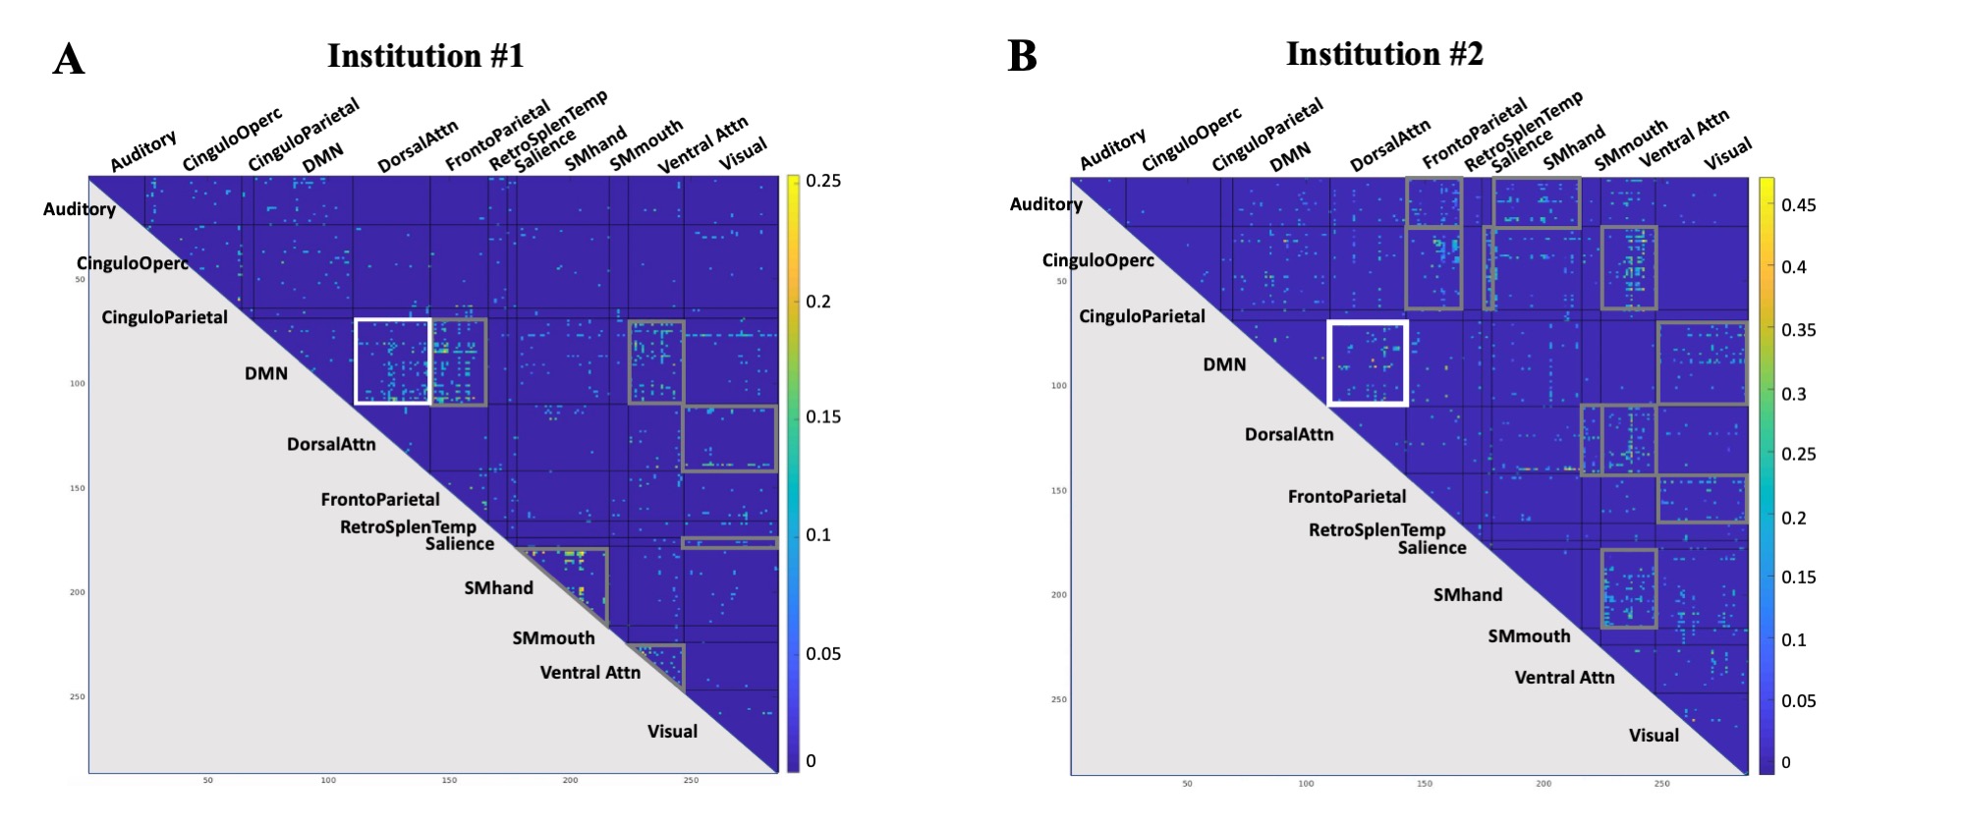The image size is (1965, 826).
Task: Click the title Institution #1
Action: coord(425,56)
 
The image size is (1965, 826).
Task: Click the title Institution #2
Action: coord(1384,54)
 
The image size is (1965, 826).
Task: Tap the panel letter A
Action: coord(69,60)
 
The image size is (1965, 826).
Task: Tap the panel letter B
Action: coord(1023,56)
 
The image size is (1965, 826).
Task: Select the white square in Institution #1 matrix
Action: coord(393,361)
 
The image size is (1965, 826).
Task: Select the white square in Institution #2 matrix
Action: coord(1368,362)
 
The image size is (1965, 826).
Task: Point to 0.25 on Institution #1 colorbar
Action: coord(822,181)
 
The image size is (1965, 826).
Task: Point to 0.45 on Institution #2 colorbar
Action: coord(1798,205)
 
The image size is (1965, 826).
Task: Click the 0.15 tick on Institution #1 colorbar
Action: coord(822,417)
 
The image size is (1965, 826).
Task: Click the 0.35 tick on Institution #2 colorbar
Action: coord(1798,330)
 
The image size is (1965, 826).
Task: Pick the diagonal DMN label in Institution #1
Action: coord(266,373)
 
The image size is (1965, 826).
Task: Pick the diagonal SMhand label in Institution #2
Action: coord(1467,594)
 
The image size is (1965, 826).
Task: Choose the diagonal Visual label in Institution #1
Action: coord(672,732)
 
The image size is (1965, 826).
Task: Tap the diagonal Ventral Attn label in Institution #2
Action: coord(1564,677)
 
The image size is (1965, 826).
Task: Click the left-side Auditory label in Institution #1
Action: coord(80,209)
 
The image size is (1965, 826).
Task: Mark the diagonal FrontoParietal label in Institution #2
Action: coord(1347,497)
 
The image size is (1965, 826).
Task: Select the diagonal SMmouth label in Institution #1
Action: coord(553,638)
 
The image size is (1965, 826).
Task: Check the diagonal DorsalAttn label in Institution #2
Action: coord(1289,434)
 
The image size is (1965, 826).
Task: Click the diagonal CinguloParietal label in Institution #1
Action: coord(164,317)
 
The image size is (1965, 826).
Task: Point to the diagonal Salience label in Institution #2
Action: coord(1432,548)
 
